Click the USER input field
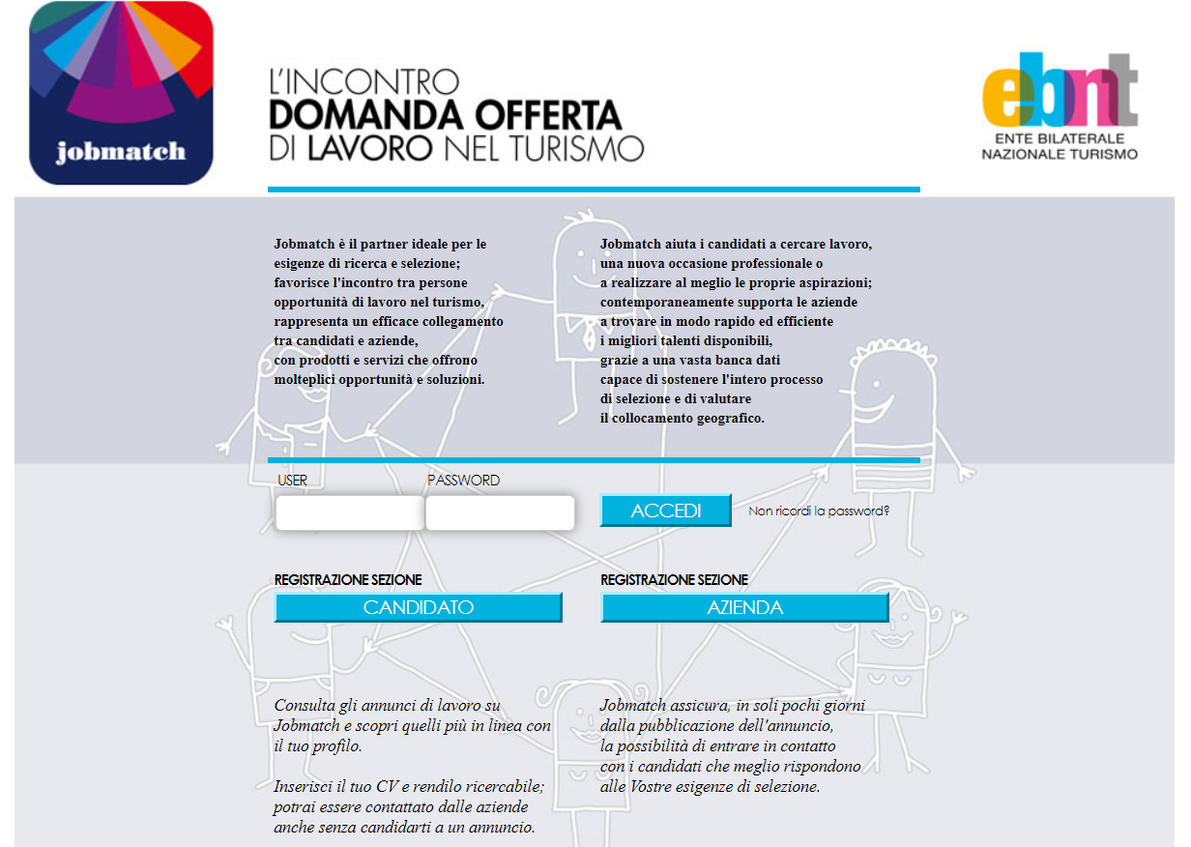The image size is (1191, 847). pyautogui.click(x=349, y=512)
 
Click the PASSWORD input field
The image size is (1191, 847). pyautogui.click(x=500, y=512)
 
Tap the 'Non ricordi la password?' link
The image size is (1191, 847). pyautogui.click(x=819, y=511)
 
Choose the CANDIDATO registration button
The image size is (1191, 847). pyautogui.click(x=418, y=607)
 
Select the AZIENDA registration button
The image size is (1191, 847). pyautogui.click(x=744, y=607)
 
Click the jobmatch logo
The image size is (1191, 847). pyautogui.click(x=121, y=93)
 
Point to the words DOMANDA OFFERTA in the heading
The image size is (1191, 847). pyautogui.click(x=445, y=115)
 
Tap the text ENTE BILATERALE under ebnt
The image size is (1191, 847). pyautogui.click(x=1060, y=139)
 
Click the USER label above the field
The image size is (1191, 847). pyautogui.click(x=292, y=481)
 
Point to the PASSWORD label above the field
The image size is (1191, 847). pyautogui.click(x=463, y=481)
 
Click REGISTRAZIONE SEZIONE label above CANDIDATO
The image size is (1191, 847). pyautogui.click(x=348, y=580)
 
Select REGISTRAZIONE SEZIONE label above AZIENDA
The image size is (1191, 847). pyautogui.click(x=674, y=580)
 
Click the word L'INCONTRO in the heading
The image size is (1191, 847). pyautogui.click(x=363, y=81)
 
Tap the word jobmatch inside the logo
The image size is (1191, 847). pyautogui.click(x=121, y=152)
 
